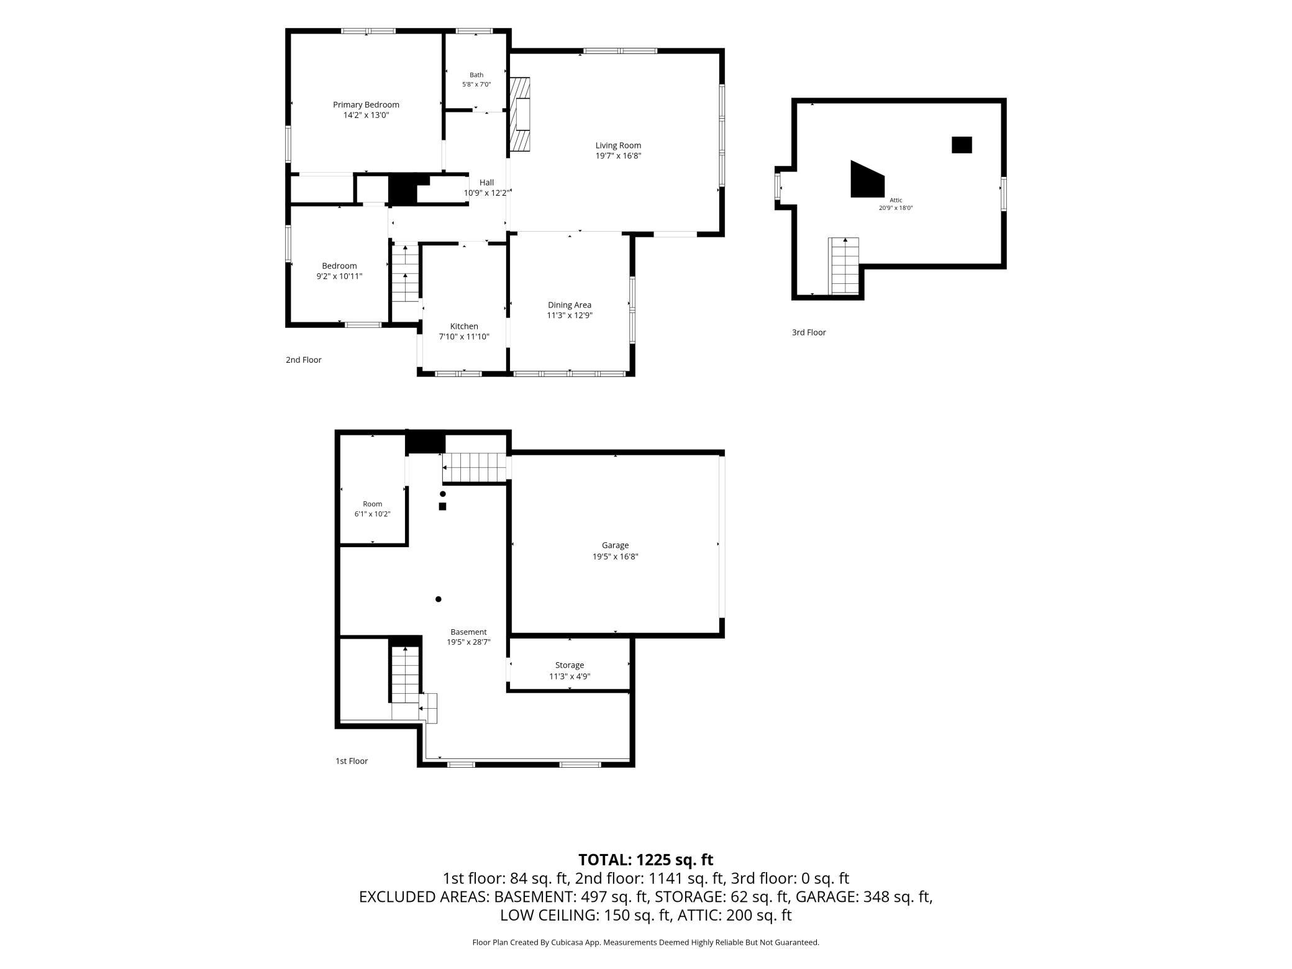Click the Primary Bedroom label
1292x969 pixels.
pos(366,104)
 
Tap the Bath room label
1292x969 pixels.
pos(476,75)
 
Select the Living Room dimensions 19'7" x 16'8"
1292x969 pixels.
pos(618,156)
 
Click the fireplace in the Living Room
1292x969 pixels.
pos(520,114)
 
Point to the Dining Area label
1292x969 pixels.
pos(570,304)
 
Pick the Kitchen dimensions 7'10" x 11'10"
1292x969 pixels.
pos(464,337)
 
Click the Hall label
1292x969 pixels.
pos(487,182)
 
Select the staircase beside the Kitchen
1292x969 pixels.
pos(405,273)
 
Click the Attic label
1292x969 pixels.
pos(896,200)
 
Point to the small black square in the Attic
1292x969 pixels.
pos(962,145)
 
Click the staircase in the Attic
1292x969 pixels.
pos(844,266)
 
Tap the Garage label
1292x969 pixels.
pos(615,545)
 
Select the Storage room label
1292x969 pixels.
pos(570,665)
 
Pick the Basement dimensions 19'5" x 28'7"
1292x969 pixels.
pos(469,642)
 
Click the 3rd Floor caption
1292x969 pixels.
pos(809,332)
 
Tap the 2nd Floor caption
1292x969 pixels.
pos(303,360)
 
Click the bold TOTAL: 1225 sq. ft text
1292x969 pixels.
pos(646,860)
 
